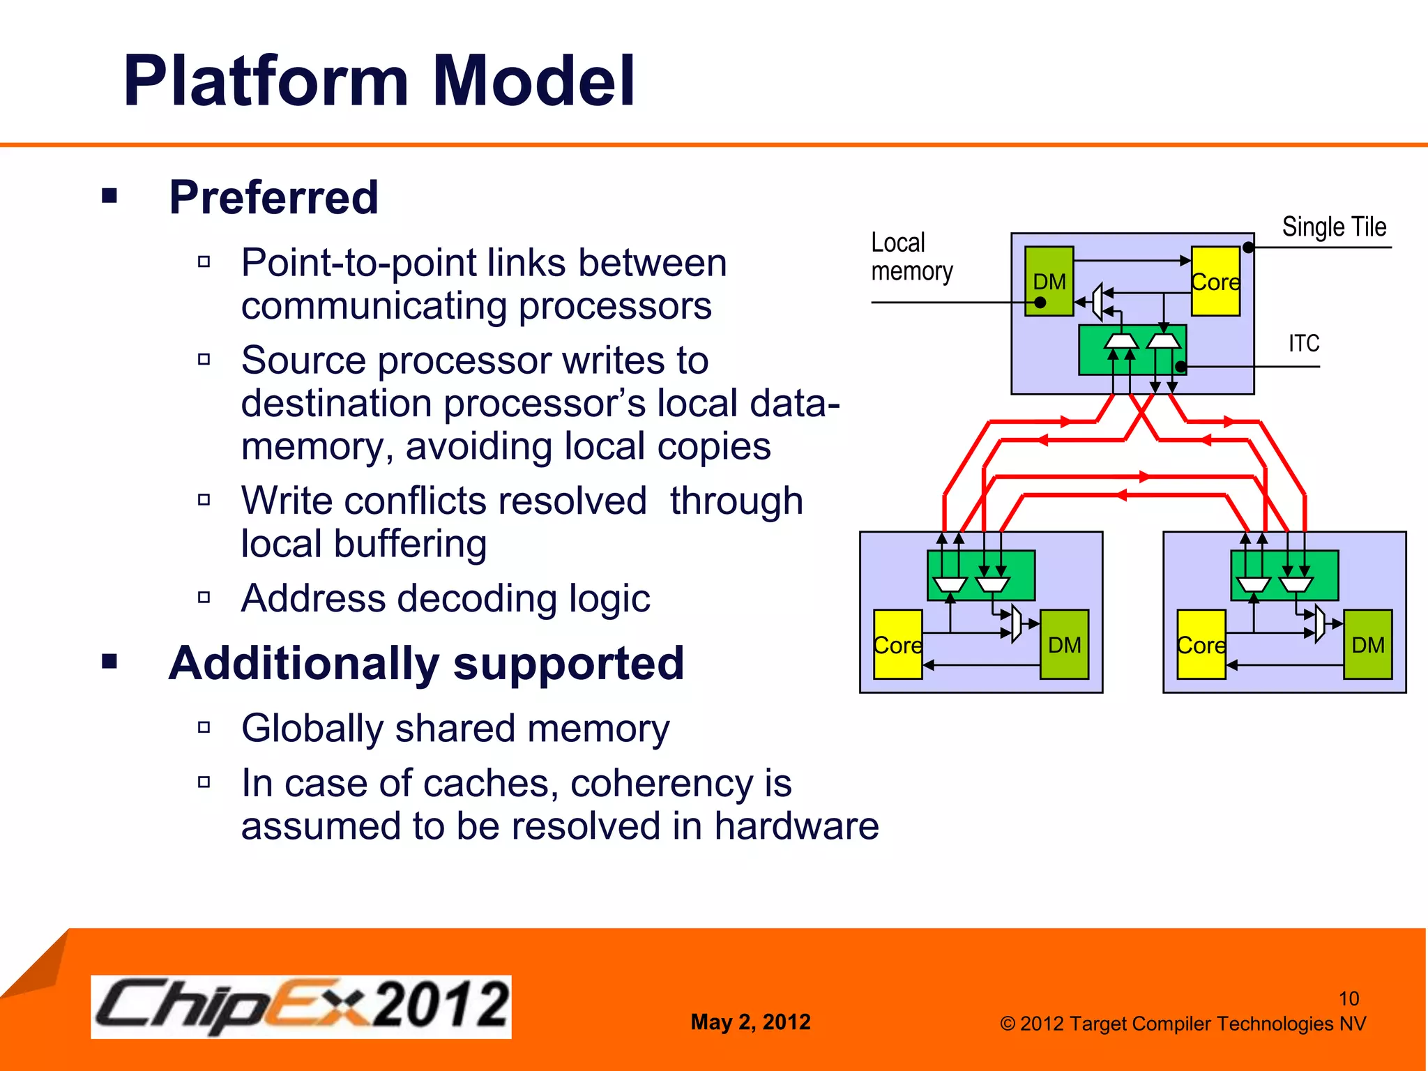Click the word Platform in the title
coord(265,82)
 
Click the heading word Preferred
coord(273,198)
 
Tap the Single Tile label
coord(1333,227)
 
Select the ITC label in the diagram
coord(1303,344)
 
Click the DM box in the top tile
coord(1049,282)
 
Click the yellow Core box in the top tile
coord(1215,282)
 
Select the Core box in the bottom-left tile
coord(897,645)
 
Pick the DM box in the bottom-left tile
coord(1064,645)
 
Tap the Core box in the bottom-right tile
coord(1201,645)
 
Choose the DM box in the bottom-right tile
coord(1367,645)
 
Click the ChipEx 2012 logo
coord(301,1006)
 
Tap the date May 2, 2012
coord(750,1022)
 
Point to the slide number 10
coord(1349,998)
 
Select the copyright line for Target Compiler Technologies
coord(1183,1024)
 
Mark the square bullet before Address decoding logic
coord(204,598)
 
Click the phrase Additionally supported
coord(426,663)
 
